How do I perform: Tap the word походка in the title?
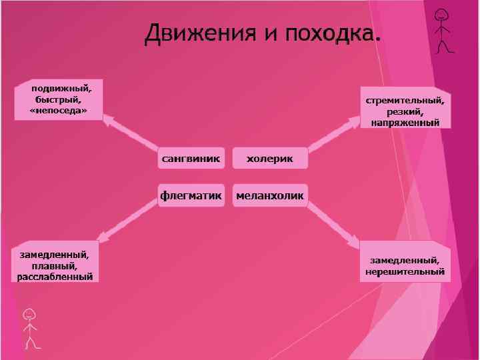click(330, 33)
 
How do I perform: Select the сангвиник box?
click(191, 159)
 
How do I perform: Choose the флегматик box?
click(191, 195)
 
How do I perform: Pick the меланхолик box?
click(270, 195)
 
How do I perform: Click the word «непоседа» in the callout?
click(59, 110)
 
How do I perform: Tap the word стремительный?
click(405, 101)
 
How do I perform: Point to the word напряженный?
click(405, 122)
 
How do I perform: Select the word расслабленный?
click(55, 276)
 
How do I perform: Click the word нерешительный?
click(405, 271)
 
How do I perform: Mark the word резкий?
click(405, 111)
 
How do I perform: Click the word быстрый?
click(58, 99)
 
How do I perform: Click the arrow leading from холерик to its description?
click(333, 134)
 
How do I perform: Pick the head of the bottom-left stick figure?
click(29, 314)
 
